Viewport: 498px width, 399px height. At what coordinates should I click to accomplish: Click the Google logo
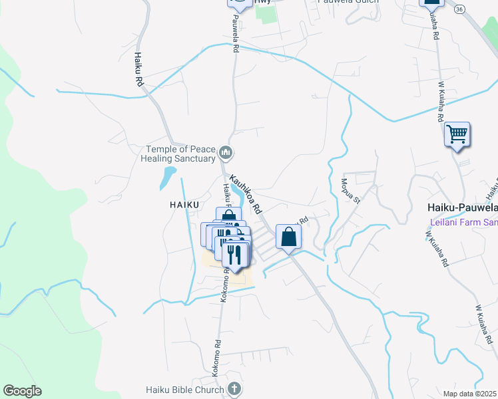(22, 391)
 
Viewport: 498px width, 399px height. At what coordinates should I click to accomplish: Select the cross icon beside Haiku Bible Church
(234, 388)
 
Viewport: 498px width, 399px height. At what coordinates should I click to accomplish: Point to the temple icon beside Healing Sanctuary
(226, 154)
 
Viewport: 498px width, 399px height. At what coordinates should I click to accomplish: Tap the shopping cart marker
(457, 135)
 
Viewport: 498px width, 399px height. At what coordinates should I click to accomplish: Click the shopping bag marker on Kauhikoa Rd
(288, 237)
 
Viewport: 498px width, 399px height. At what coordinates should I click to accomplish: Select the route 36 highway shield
(459, 9)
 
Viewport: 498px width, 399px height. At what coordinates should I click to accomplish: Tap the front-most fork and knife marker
(234, 254)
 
